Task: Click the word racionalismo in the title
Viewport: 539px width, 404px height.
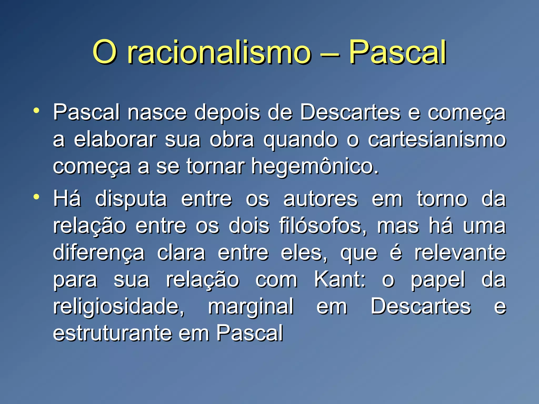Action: pos(219,53)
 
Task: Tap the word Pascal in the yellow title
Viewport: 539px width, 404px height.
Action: pos(397,53)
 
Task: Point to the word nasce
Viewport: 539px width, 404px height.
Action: pos(157,113)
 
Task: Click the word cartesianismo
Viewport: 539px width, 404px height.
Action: pos(437,140)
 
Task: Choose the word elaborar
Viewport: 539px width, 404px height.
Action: pos(115,140)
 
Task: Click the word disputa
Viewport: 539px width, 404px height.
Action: pos(131,199)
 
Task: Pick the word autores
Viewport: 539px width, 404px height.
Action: pos(320,199)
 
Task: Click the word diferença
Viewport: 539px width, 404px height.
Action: pos(99,253)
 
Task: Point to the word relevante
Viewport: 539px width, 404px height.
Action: pos(460,253)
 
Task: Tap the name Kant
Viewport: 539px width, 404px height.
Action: pos(340,280)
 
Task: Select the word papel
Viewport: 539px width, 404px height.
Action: pos(438,280)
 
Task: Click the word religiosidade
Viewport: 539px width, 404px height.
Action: pos(119,307)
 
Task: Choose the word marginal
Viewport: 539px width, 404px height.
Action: pos(251,307)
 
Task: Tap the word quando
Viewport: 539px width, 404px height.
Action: pos(300,140)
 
